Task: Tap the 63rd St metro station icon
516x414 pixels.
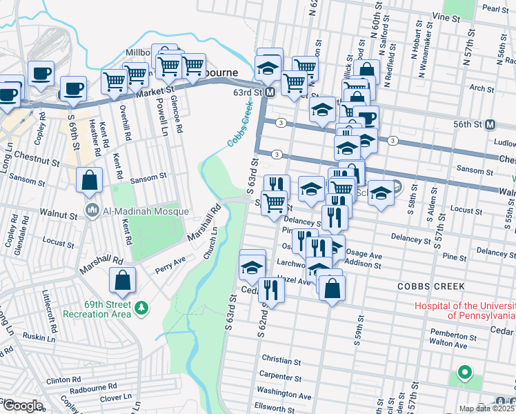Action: (270, 92)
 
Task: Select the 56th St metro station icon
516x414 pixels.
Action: (490, 124)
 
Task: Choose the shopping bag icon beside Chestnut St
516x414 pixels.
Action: (89, 181)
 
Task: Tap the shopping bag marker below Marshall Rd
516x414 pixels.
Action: (122, 280)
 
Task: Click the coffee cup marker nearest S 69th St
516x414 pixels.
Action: (73, 89)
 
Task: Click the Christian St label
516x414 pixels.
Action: (281, 359)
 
